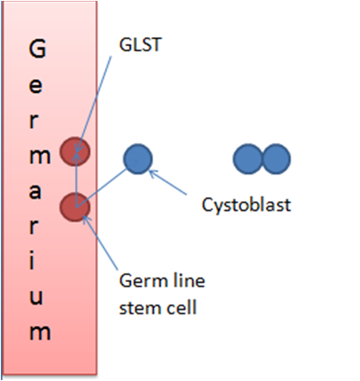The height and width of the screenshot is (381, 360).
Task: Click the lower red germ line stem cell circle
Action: click(x=75, y=207)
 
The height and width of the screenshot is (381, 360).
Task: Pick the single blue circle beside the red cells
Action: click(x=137, y=158)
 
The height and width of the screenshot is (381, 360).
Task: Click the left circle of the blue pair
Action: click(x=249, y=158)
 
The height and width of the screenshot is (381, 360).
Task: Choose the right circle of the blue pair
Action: click(x=276, y=158)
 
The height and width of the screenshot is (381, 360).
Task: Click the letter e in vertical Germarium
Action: click(x=38, y=84)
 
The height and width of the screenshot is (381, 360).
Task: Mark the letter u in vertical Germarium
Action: click(x=38, y=294)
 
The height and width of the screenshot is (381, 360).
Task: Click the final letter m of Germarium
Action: click(x=38, y=331)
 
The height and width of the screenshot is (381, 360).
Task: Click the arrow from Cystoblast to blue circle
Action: click(x=173, y=185)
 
